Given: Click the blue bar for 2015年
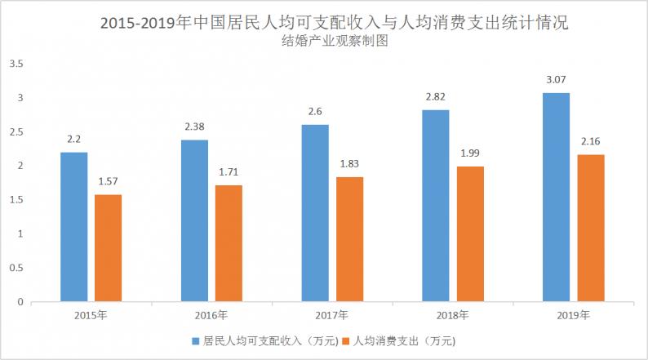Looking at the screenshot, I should coord(74,227).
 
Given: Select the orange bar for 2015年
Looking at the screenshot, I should coord(108,248).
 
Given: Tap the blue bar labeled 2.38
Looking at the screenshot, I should coord(194,220).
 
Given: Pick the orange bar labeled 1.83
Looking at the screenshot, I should coord(349,239).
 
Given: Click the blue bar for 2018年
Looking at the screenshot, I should coord(436,206).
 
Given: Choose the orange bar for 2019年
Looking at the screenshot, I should coord(590,228).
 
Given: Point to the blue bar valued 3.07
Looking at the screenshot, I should coord(557,197).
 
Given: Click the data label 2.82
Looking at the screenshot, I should coord(436,96).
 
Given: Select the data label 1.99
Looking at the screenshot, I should coord(470,153).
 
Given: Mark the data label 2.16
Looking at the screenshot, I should coord(590,141).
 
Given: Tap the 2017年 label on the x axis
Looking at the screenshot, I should coord(331,315).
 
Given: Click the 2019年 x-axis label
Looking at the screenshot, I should coord(572,315).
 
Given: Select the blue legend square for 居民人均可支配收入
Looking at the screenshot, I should coord(195,340).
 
